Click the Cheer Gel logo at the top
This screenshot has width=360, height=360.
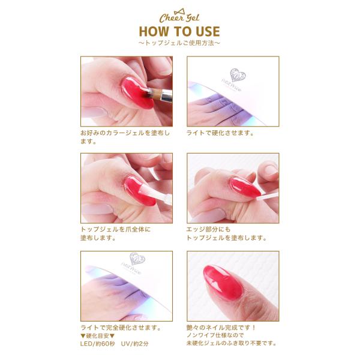click(179, 16)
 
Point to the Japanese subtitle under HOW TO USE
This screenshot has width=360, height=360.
click(179, 43)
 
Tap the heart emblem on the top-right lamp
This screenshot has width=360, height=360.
click(238, 75)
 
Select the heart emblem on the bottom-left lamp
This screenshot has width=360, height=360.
click(137, 259)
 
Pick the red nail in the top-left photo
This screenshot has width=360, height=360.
click(137, 93)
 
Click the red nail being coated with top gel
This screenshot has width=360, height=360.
click(140, 191)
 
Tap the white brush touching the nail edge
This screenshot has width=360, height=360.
click(266, 197)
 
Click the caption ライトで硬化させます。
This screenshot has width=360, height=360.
click(220, 133)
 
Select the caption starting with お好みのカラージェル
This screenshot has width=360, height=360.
click(125, 137)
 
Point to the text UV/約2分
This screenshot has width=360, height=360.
click(135, 344)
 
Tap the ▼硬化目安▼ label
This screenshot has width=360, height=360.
click(98, 336)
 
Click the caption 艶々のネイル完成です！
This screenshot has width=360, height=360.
click(221, 328)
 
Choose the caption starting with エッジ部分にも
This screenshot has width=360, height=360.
click(226, 233)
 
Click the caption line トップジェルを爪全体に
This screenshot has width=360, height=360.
click(115, 229)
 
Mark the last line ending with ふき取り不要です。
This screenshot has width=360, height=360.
click(232, 343)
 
